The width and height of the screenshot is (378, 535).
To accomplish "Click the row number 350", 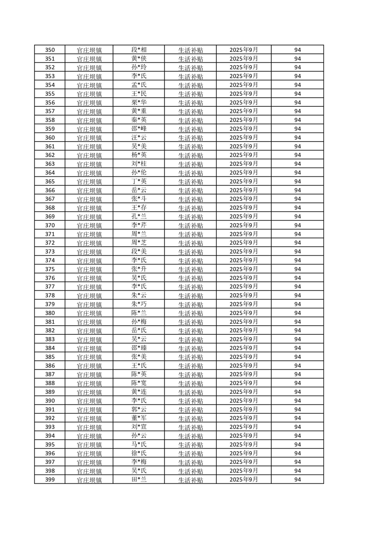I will [50, 50].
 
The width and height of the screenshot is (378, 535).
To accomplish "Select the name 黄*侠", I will [139, 59].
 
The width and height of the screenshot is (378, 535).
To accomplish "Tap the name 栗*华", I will [139, 103].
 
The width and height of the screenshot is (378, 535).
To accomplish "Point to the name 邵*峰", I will [139, 129].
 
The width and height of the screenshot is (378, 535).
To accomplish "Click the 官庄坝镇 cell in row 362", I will [89, 155].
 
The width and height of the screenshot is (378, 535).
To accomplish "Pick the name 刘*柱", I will [139, 164].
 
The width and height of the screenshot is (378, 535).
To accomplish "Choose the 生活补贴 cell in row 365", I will [190, 182].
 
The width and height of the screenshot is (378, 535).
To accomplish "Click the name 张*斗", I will [139, 199].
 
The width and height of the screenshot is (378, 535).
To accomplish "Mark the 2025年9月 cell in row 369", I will [244, 216].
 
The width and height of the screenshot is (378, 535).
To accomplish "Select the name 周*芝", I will [139, 243].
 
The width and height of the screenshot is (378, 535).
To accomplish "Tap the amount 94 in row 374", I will [297, 260].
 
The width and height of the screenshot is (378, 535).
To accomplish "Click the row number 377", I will [50, 287].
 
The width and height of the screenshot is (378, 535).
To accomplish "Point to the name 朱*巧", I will [139, 304].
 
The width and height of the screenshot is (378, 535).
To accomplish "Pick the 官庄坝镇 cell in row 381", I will [89, 322].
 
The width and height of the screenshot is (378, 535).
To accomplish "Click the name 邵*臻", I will [139, 348].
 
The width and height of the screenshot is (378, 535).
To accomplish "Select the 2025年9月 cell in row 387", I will [244, 374].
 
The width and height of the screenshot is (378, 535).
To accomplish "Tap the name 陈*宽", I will [139, 383].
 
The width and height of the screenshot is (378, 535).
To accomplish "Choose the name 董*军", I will [139, 418].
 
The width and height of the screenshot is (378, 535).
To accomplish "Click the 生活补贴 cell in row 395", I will [190, 444].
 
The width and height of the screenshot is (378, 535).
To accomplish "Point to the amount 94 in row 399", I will [297, 480].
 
